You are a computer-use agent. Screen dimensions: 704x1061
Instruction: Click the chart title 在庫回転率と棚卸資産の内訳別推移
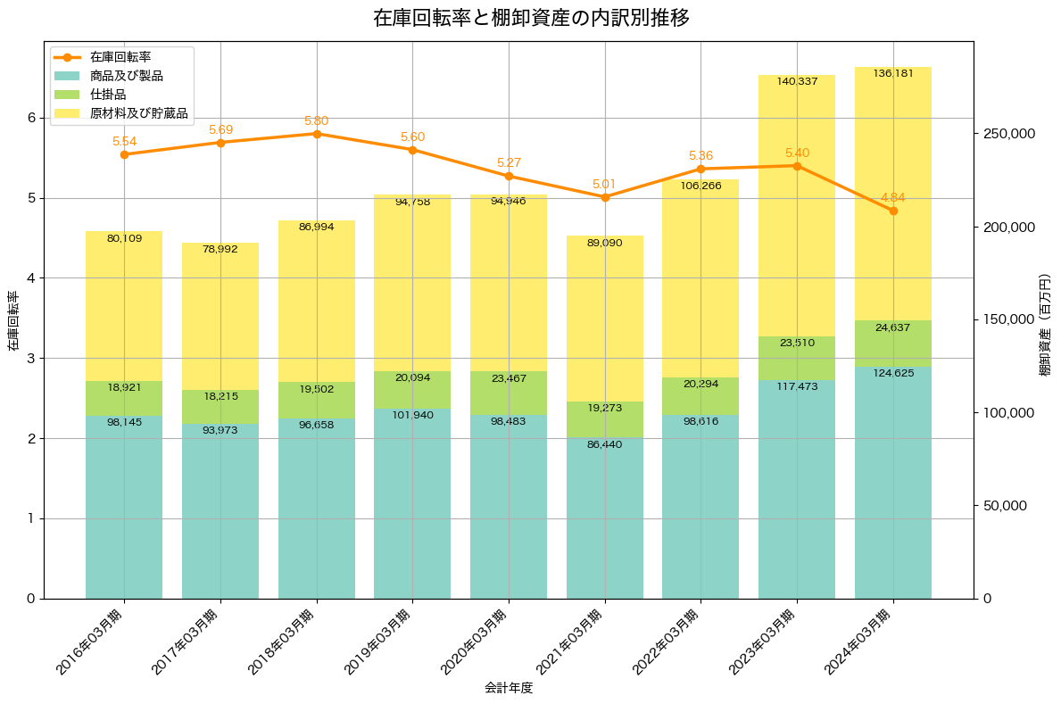coord(530,18)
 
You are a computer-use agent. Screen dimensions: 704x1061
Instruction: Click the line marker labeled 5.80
coord(317,134)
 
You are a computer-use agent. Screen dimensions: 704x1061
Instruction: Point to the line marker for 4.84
coord(893,211)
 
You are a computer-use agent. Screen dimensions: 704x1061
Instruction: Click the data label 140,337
coord(797,81)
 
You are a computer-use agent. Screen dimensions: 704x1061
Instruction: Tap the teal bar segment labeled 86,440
coord(605,518)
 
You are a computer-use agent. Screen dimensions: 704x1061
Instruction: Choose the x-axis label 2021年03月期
coord(580,641)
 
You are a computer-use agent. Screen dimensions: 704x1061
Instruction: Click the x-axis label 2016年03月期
coord(99,641)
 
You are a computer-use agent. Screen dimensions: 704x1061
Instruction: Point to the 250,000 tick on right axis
coord(1010,134)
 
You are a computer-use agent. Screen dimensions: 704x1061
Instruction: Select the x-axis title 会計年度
coord(509,688)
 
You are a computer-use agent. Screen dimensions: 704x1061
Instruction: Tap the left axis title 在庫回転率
coord(12,320)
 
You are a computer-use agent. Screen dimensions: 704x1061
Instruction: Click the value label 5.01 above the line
coord(605,185)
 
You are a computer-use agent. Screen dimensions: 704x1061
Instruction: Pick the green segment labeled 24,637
coord(893,344)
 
